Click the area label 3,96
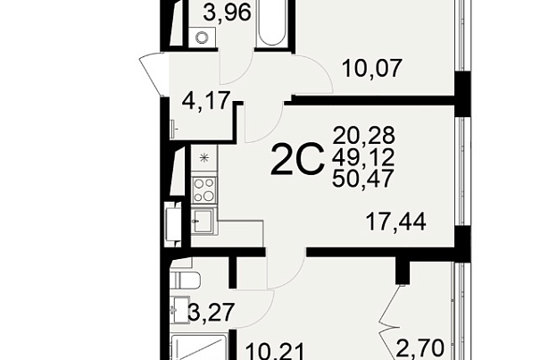[x=227, y=13]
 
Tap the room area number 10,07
[x=372, y=68]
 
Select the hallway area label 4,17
[x=206, y=101]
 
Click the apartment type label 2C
[x=297, y=160]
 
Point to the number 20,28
[x=363, y=136]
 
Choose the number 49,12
[x=363, y=157]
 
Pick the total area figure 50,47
[x=363, y=179]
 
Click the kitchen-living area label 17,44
[x=396, y=222]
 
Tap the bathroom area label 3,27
[x=212, y=313]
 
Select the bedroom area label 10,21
[x=276, y=352]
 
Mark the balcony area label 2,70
[x=420, y=348]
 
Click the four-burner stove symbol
[x=204, y=190]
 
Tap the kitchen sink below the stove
[x=204, y=221]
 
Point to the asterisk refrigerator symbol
[x=204, y=158]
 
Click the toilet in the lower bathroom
[x=186, y=280]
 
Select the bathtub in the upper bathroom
[x=272, y=22]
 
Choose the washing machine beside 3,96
[x=202, y=37]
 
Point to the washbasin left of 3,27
[x=179, y=310]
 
